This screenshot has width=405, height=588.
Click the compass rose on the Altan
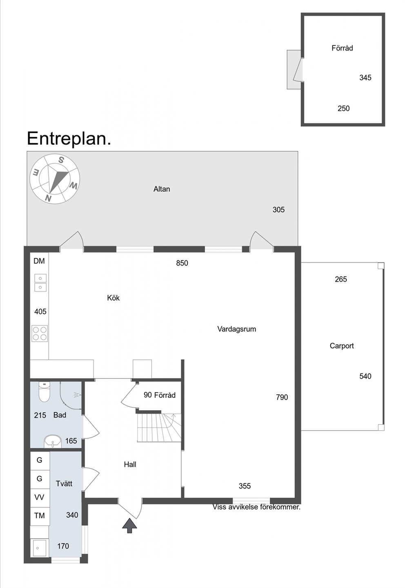[x=55, y=179]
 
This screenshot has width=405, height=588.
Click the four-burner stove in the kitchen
[x=40, y=334]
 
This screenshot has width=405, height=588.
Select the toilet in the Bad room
[x=44, y=392]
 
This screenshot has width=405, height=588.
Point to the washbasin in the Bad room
[x=53, y=442]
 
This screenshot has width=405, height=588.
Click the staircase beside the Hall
[x=159, y=428]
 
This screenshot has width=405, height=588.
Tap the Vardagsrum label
[x=236, y=329]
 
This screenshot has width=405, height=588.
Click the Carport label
[x=342, y=346]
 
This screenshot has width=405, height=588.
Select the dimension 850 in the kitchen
[x=182, y=263]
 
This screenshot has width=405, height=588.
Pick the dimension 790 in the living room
[x=282, y=398]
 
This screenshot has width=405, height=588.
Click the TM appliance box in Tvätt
[x=40, y=516]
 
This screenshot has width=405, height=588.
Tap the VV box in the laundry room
[x=40, y=497]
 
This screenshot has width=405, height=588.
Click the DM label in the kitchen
[x=39, y=261]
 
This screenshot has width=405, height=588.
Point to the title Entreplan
[x=69, y=139]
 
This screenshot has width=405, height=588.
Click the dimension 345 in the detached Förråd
[x=365, y=78]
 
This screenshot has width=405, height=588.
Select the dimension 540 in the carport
[x=365, y=376]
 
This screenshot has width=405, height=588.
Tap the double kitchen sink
[x=40, y=283]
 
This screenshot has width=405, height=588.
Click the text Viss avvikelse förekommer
[x=256, y=507]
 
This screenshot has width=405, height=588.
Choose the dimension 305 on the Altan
[x=278, y=210]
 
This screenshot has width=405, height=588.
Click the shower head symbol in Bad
[x=78, y=395]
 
